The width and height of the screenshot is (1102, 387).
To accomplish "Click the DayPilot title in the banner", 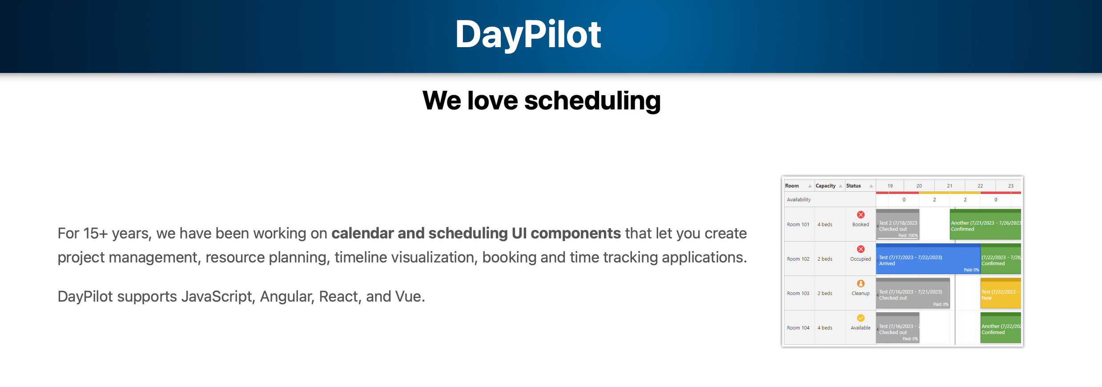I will tap(528, 35).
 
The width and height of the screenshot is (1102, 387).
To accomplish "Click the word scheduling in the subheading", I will tap(592, 101).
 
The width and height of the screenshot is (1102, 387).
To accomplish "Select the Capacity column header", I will tap(825, 186).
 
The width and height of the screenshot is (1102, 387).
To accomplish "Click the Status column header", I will tap(853, 186).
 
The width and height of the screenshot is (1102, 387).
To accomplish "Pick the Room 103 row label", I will tap(798, 294).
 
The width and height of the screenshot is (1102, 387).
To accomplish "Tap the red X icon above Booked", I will tap(861, 215).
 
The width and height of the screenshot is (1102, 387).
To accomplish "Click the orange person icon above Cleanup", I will tap(861, 284).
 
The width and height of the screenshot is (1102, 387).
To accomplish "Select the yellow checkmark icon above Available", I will tap(861, 318).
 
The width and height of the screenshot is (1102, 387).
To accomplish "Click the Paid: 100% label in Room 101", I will tap(908, 236).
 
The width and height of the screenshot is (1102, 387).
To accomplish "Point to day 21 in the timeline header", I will tap(949, 186).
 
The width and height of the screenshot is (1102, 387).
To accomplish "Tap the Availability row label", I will tap(799, 200).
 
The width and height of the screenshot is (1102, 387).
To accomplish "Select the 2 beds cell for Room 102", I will tap(825, 259).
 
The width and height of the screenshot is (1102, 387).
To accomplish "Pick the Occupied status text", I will tap(861, 259).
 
